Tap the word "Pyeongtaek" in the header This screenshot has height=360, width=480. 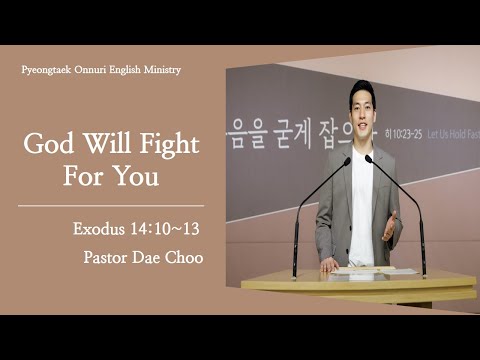[50, 70]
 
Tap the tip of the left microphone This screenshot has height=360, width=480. [346, 160]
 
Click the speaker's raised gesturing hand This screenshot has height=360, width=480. [388, 224]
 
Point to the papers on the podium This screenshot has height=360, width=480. [361, 270]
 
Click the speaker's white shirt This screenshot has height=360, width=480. [361, 200]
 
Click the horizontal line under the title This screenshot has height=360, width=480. [111, 205]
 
